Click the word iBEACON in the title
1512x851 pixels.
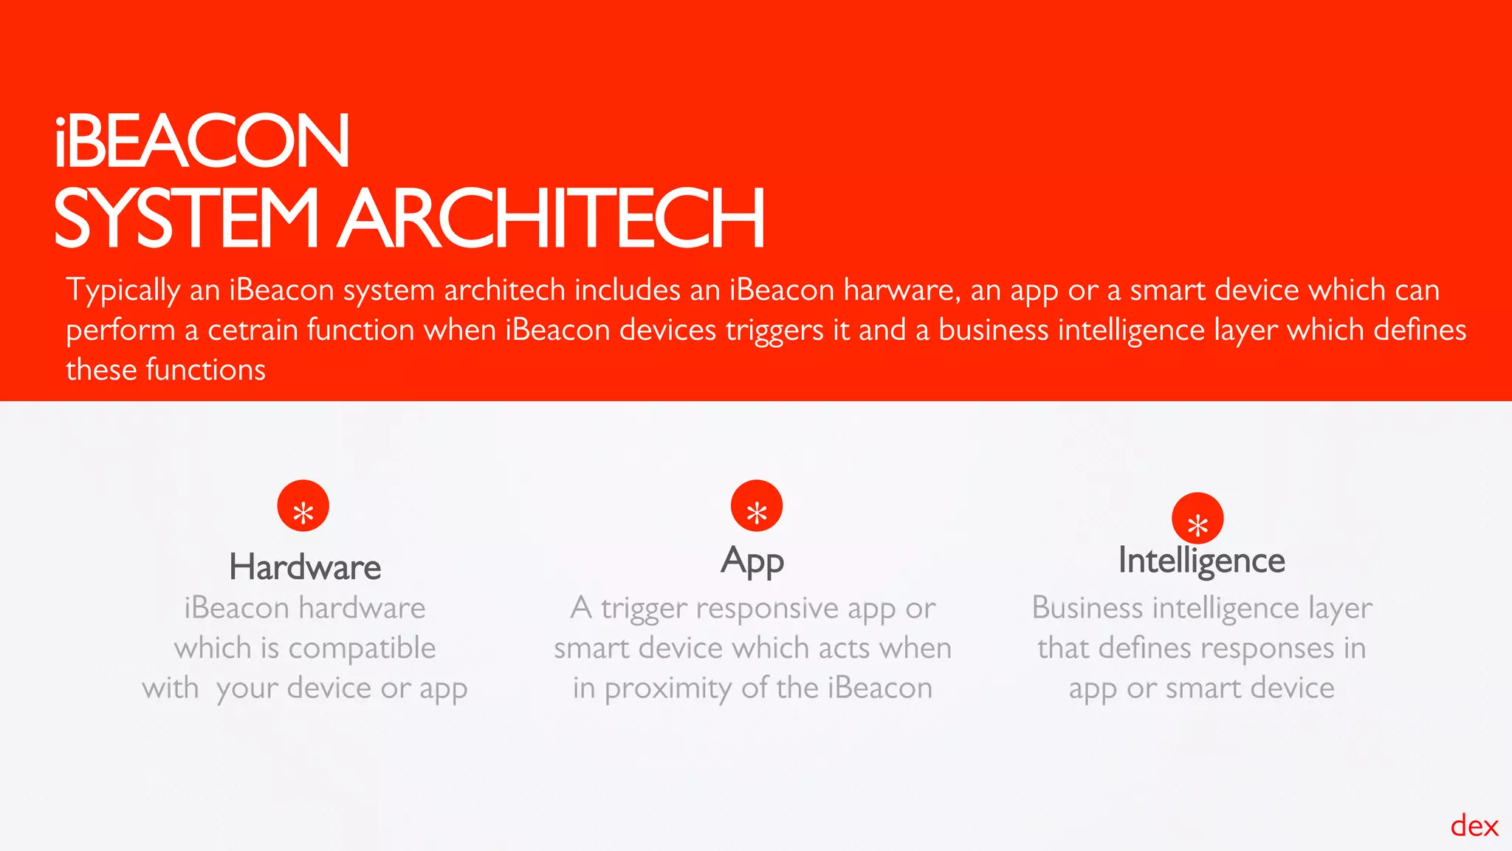202,142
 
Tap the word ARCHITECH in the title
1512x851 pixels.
552,219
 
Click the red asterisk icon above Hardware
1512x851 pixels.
303,506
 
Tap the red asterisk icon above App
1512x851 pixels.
756,506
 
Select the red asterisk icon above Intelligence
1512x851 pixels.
1197,518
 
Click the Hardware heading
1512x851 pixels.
305,567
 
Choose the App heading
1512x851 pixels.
752,561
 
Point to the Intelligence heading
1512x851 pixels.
1201,561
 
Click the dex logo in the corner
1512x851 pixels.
1474,826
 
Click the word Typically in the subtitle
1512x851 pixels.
123,290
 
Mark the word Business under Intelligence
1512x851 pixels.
1087,608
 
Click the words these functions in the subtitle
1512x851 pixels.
165,370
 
